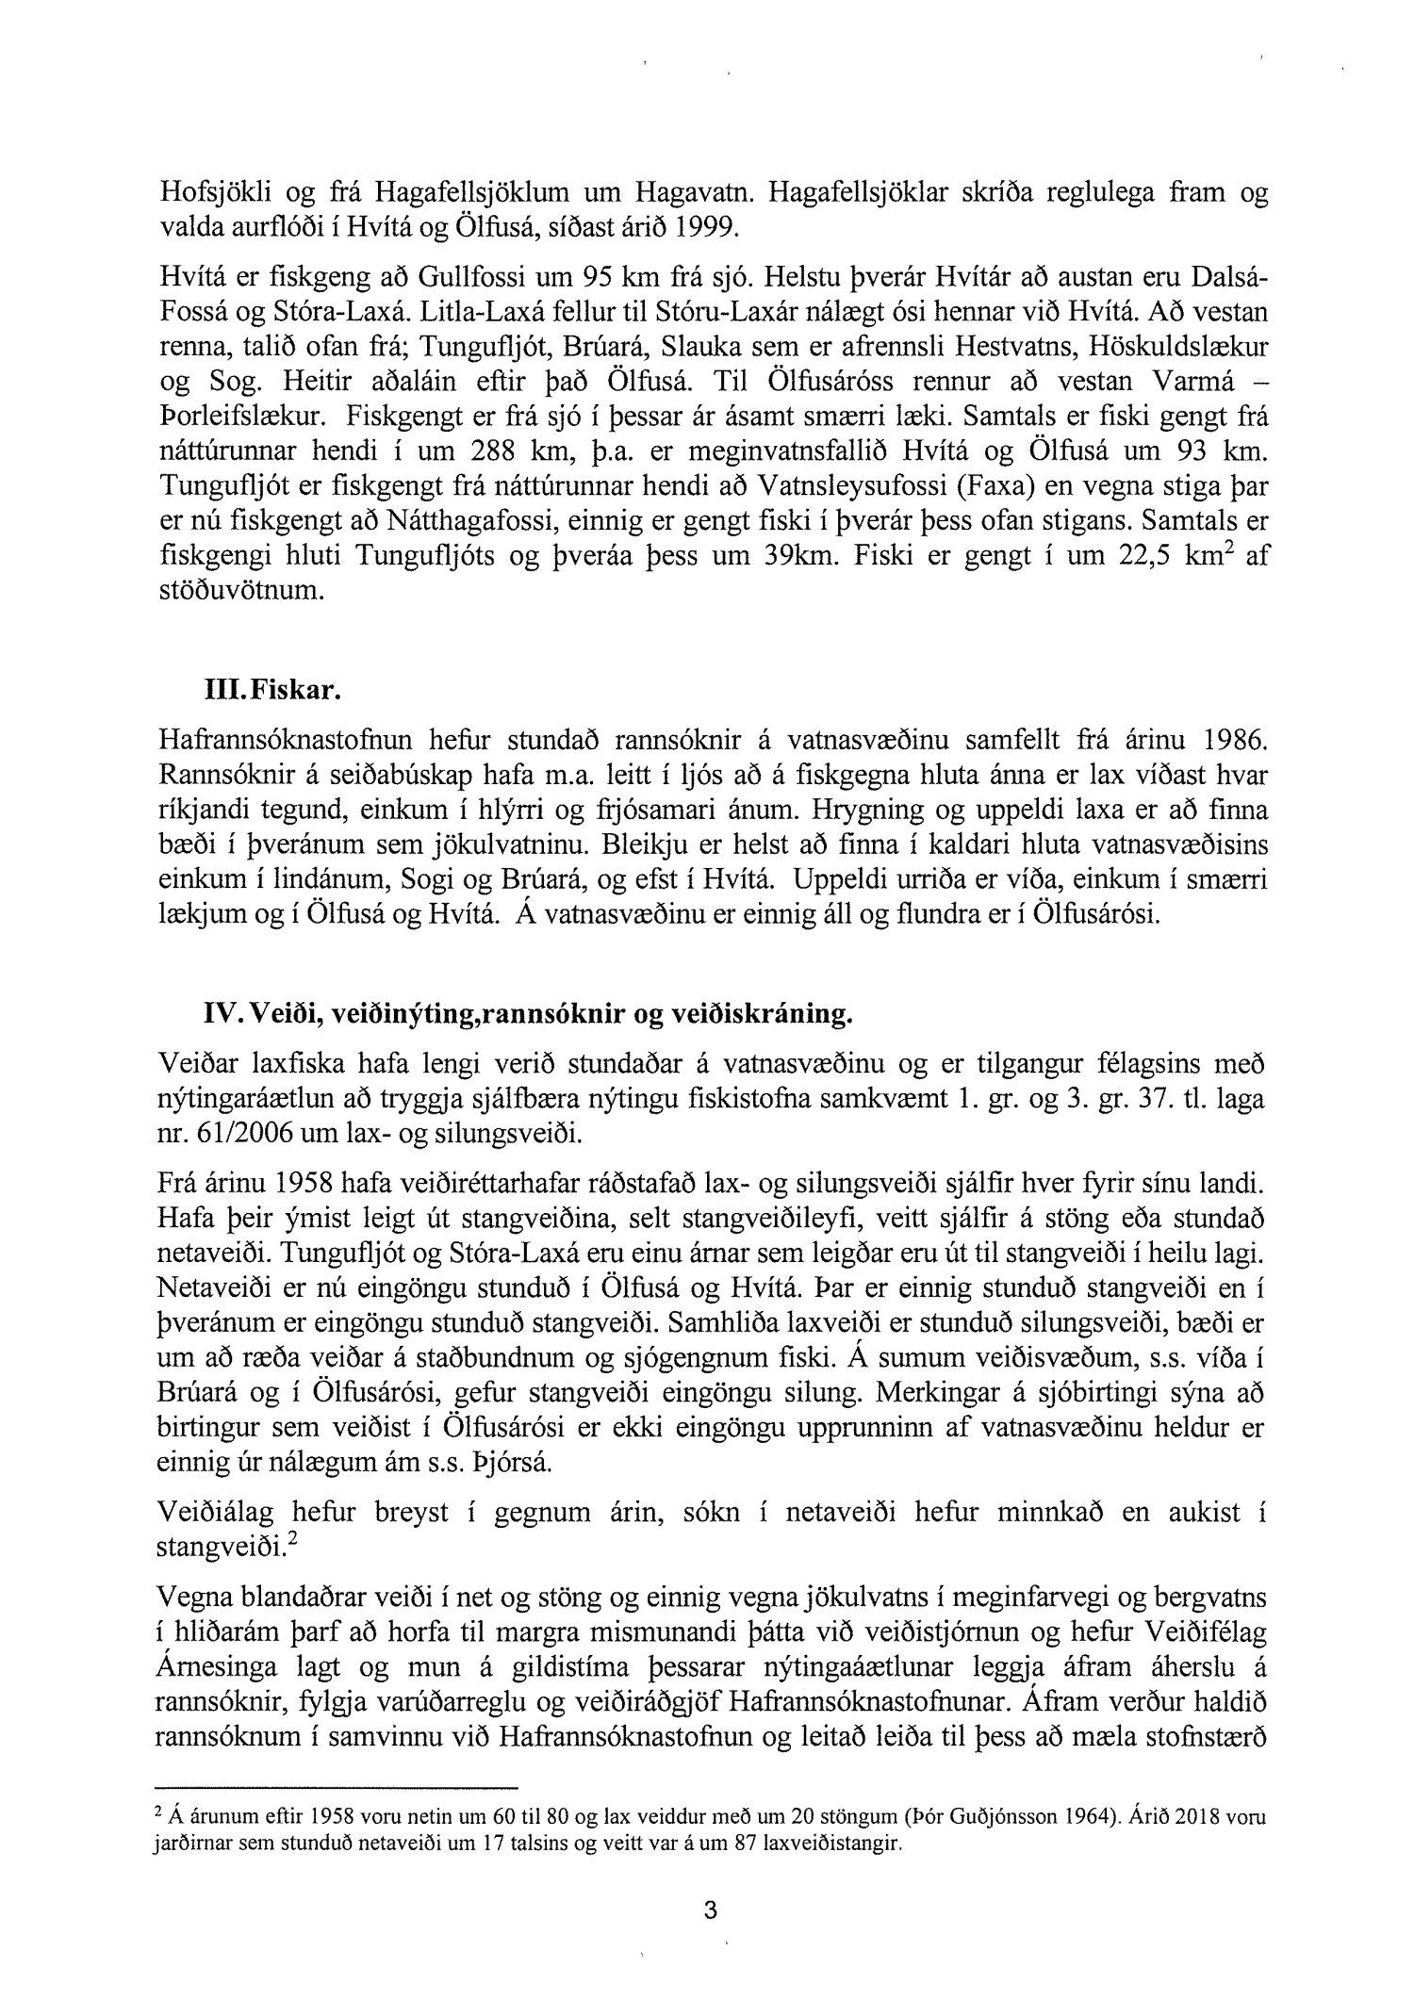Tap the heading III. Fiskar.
click(264, 690)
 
